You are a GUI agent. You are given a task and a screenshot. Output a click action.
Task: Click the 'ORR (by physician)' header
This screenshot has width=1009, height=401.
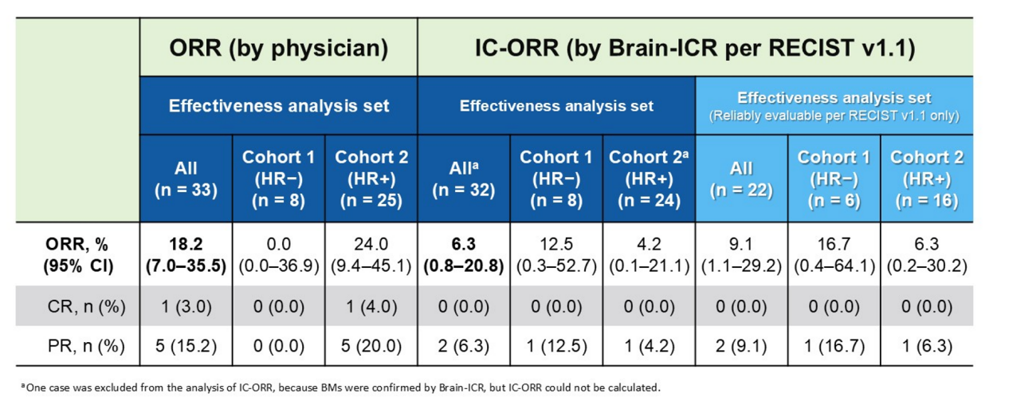278,49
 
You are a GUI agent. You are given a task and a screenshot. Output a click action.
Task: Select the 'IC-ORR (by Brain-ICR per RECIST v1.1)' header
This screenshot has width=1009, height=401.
695,49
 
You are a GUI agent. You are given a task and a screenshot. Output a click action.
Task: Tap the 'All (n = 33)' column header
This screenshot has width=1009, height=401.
186,179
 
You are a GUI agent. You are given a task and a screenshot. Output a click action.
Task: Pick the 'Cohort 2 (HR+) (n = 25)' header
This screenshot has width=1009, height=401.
371,179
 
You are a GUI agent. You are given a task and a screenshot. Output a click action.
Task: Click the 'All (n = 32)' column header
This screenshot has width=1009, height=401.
463,179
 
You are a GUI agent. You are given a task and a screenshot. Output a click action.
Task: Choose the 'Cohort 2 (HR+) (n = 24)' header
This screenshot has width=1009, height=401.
649,179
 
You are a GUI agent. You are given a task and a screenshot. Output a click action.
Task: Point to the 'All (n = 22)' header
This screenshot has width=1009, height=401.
741,179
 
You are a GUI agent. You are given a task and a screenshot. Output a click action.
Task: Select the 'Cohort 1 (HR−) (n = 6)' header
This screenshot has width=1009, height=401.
834,179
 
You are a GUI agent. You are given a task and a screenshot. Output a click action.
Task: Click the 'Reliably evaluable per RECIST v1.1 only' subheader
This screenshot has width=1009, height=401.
834,116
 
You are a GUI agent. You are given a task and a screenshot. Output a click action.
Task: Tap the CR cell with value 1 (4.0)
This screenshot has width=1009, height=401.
371,307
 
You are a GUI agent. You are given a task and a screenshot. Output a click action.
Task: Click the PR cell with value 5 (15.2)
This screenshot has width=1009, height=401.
186,347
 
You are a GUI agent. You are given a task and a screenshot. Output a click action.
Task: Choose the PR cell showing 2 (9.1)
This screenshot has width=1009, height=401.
741,347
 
